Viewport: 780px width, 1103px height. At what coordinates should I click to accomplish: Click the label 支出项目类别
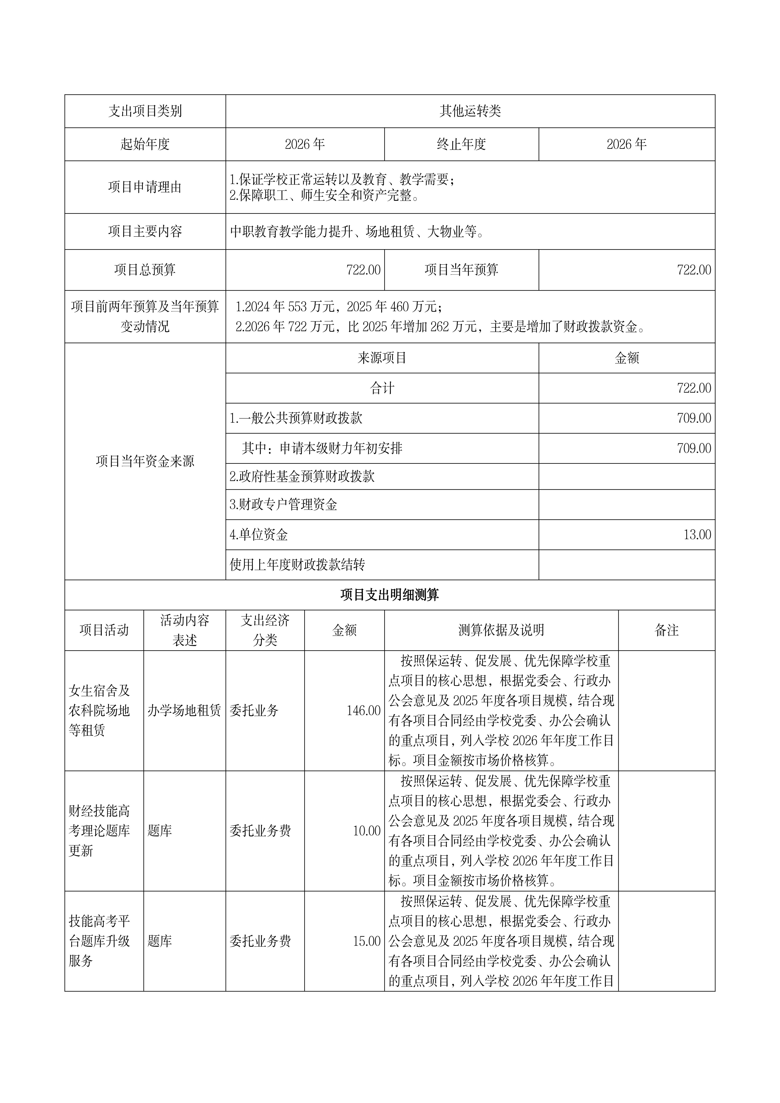point(145,111)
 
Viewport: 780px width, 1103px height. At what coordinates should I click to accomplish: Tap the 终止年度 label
point(461,144)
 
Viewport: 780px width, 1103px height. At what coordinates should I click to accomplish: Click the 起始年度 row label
point(145,144)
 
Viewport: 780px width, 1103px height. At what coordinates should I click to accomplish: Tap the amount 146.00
point(363,711)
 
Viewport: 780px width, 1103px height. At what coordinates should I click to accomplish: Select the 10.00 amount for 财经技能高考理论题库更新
point(367,831)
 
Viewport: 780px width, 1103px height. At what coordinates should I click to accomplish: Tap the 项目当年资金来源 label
point(145,461)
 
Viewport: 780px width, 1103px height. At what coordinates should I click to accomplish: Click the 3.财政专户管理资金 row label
point(283,504)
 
